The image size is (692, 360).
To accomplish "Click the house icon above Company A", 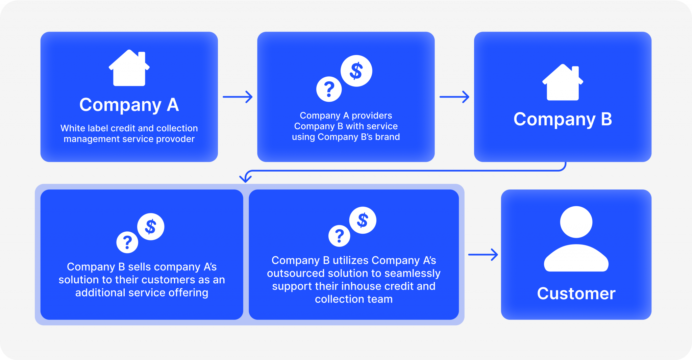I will tap(129, 69).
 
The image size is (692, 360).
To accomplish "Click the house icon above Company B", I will tap(563, 83).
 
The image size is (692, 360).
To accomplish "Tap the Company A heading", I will tap(129, 105).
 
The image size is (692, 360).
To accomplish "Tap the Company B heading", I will tap(563, 119).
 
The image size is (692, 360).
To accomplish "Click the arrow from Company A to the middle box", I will tap(238, 97).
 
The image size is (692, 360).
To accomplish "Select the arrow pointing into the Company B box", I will tap(454, 97).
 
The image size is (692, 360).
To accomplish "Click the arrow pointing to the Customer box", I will tap(483, 255).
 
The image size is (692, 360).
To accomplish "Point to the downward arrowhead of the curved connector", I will tap(246, 178).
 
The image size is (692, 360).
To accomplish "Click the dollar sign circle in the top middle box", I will tap(356, 71).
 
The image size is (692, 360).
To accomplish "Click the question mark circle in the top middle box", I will tap(329, 89).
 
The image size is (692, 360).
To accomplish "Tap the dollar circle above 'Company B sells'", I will tap(151, 227).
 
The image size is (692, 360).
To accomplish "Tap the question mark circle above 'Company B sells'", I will tap(127, 242).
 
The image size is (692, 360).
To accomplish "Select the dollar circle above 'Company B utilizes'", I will tap(363, 220).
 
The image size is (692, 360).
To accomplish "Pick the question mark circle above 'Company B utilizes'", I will tap(339, 236).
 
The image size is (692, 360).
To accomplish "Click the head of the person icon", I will tap(576, 222).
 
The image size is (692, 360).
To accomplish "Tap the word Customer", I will tap(576, 293).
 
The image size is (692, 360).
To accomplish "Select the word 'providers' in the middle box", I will tap(372, 115).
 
